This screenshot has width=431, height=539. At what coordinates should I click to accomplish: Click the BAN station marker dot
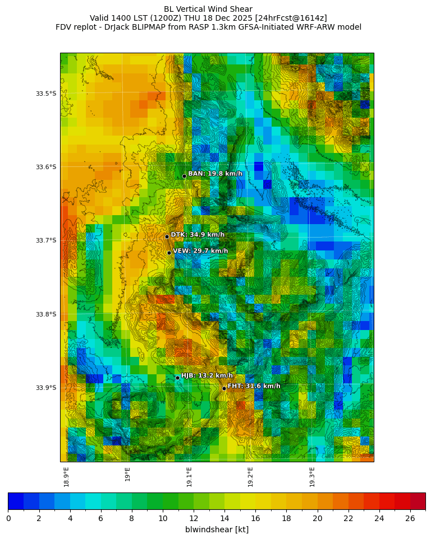coord(184,176)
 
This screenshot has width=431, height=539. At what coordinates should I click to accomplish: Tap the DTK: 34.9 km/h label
coord(198,235)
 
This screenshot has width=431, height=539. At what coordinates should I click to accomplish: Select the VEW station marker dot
coord(169,253)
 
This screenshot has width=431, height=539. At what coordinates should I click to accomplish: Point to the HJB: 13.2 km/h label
coord(207,375)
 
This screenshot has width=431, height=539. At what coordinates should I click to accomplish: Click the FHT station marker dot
coord(224,388)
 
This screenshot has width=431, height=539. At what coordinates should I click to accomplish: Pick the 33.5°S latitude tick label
coord(46,94)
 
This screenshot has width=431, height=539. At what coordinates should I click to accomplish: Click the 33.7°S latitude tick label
coord(46,240)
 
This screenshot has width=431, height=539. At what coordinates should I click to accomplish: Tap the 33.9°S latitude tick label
coord(46,388)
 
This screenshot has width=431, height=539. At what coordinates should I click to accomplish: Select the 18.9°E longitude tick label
coord(66,477)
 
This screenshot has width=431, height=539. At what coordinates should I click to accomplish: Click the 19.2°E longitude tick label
coord(250,477)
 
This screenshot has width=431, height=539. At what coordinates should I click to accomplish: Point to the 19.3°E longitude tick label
coord(312,477)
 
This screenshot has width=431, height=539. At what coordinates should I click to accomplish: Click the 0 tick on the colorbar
coord(8,518)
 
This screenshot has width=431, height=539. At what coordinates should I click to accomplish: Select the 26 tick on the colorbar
coord(410,518)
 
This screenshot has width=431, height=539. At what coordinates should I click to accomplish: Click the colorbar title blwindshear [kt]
coord(217,529)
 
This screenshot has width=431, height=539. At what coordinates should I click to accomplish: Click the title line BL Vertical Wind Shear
coord(208,9)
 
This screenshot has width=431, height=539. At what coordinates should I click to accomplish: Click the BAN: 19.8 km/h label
coord(215,174)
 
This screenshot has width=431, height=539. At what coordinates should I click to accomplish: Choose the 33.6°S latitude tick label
coord(46,167)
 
